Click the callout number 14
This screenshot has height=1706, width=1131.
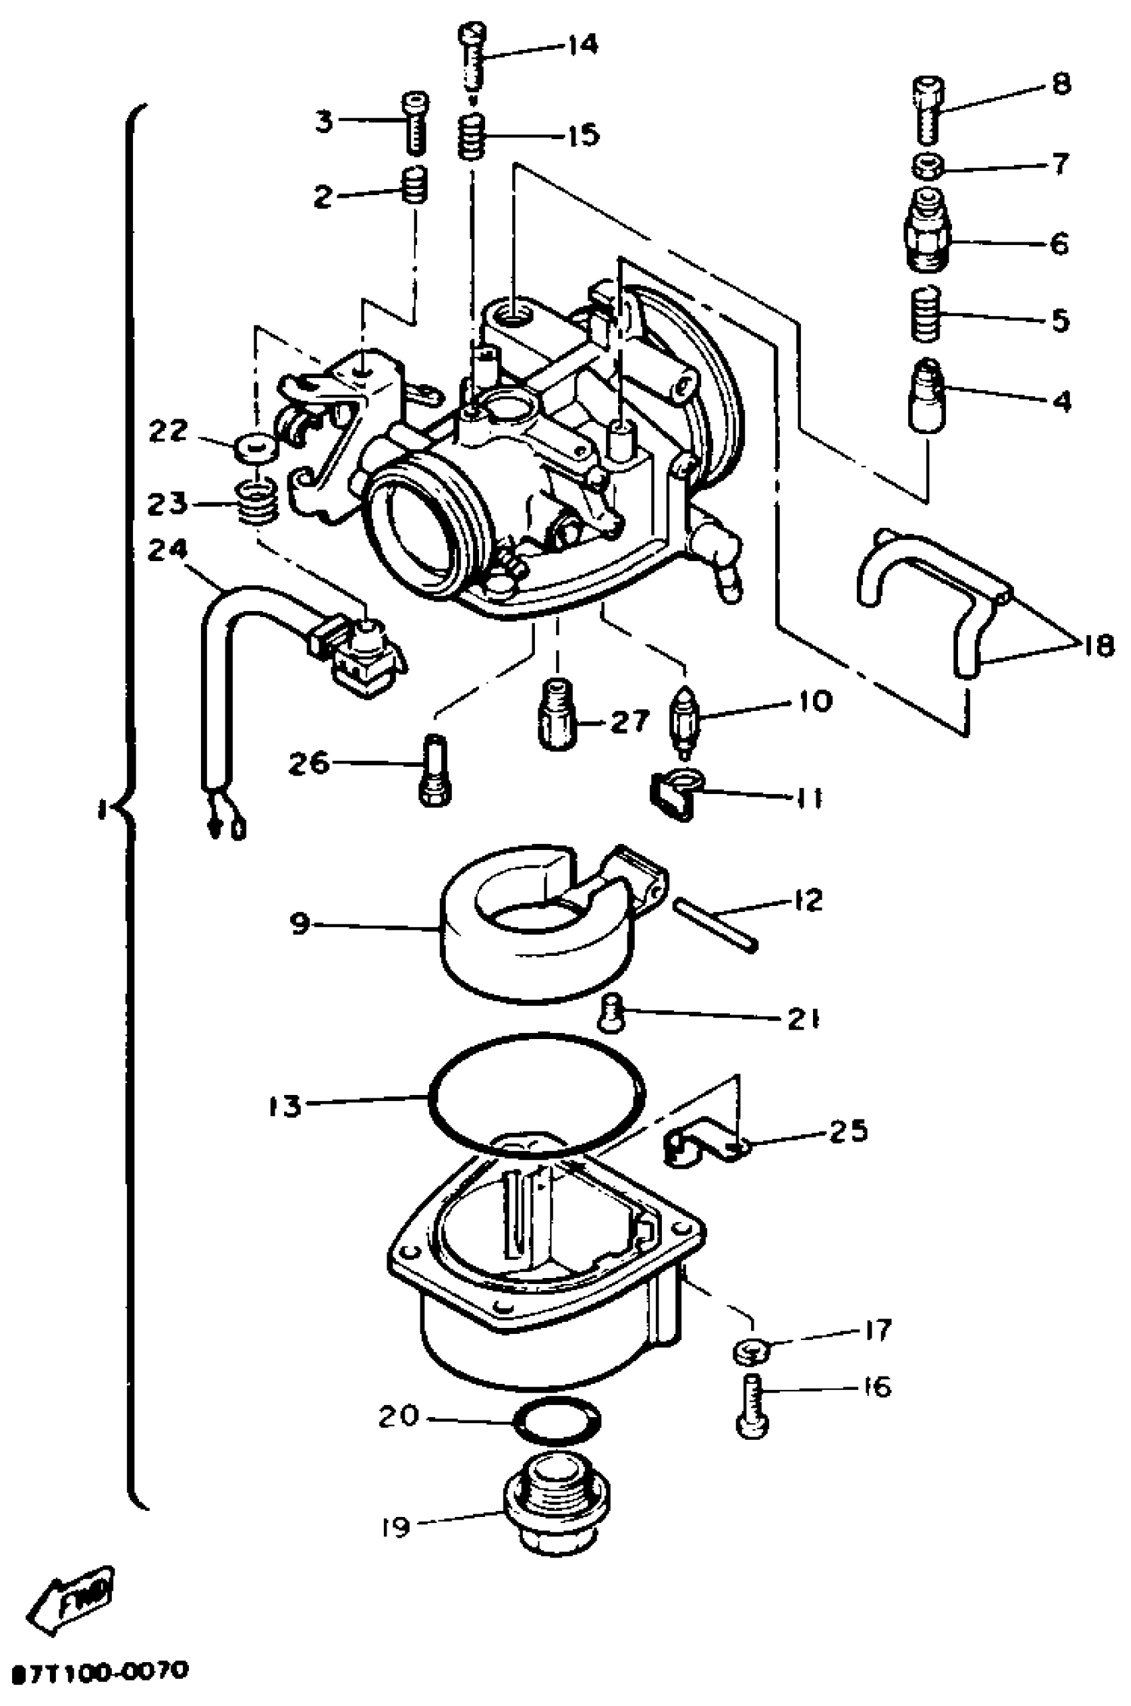(582, 45)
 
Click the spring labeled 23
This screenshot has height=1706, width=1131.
(257, 503)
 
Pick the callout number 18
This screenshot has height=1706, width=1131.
(1098, 644)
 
